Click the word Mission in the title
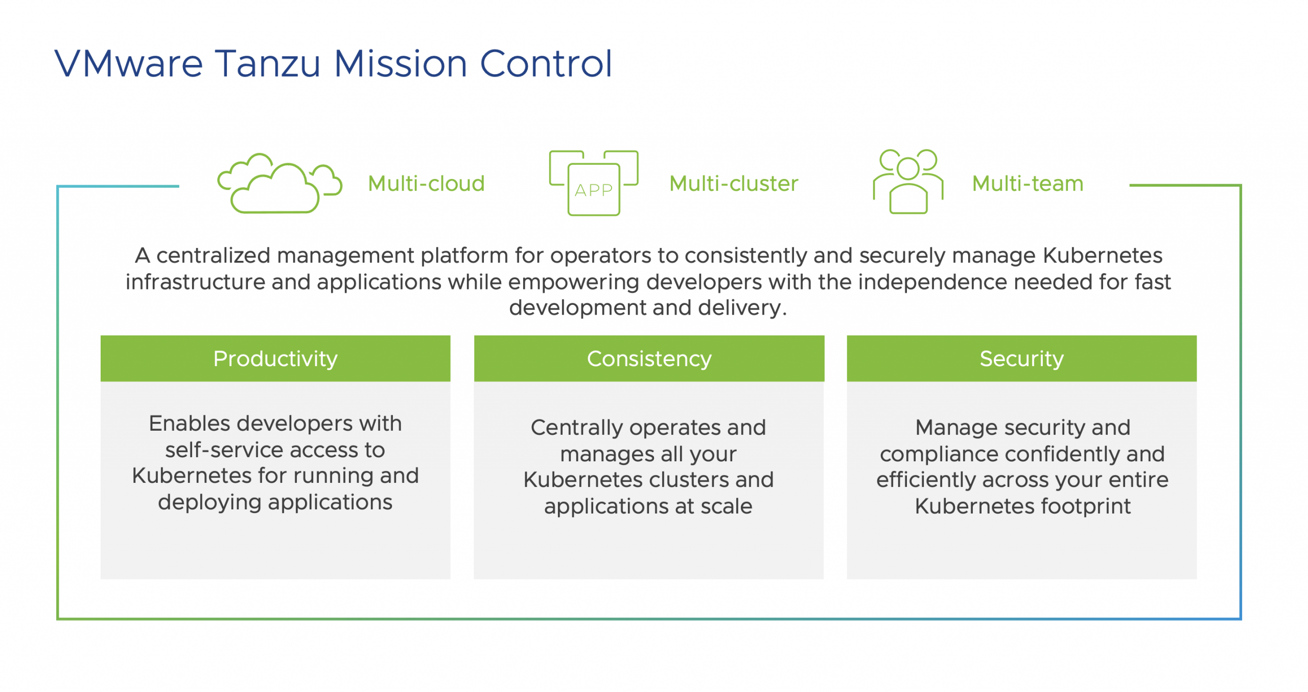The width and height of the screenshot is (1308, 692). click(400, 64)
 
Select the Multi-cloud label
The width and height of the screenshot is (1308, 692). click(426, 184)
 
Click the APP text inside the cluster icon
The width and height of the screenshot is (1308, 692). click(593, 190)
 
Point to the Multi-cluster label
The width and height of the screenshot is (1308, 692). click(733, 184)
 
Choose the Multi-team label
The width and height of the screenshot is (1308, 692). click(1027, 184)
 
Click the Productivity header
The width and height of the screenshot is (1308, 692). click(275, 359)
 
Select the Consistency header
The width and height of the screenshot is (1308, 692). click(649, 359)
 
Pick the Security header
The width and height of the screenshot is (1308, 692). click(1021, 359)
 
